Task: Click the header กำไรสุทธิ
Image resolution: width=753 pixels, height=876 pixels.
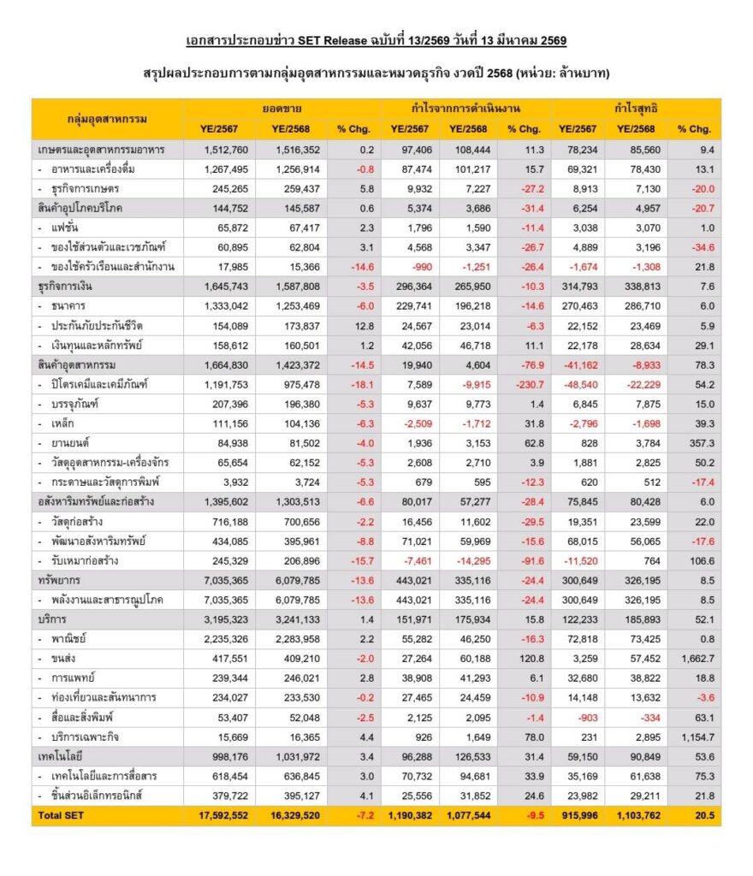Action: coord(636,109)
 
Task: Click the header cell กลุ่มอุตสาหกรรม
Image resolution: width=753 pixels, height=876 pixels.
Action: coord(108,119)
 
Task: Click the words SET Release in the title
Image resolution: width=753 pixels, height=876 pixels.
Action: coord(345,41)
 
